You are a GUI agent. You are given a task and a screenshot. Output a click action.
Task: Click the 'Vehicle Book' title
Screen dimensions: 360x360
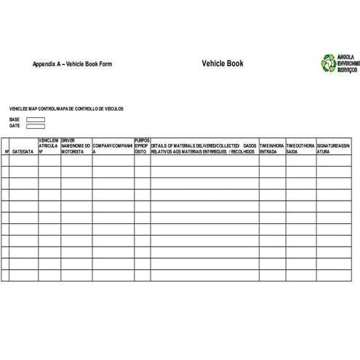223,63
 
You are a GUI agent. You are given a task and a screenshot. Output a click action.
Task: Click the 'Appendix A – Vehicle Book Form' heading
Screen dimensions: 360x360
72,64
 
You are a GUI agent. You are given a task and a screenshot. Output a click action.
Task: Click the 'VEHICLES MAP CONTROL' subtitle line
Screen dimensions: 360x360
66,108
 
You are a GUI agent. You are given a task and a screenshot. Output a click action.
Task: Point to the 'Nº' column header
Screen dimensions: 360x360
7,151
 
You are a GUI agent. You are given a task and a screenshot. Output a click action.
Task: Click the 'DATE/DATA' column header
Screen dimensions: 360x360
23,151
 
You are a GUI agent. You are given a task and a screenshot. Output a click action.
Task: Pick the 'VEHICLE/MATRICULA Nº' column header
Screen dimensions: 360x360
49,145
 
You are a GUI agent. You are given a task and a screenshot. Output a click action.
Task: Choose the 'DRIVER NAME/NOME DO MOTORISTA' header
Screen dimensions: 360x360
76,145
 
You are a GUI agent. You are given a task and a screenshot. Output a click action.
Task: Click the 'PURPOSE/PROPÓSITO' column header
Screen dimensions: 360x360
142,145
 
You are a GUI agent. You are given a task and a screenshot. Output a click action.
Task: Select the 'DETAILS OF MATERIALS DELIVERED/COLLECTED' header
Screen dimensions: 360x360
204,148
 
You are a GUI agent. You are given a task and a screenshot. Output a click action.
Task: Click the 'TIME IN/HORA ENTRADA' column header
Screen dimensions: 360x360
272,148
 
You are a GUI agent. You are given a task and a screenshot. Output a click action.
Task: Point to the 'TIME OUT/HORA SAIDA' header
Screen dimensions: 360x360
300,148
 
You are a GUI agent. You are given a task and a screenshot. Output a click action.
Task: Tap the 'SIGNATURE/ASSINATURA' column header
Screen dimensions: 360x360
332,148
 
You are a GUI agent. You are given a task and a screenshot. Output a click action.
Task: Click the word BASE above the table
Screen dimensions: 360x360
15,119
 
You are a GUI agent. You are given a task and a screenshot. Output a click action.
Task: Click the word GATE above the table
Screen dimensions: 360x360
15,126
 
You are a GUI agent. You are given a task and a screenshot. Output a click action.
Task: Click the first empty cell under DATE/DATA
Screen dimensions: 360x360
23,161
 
